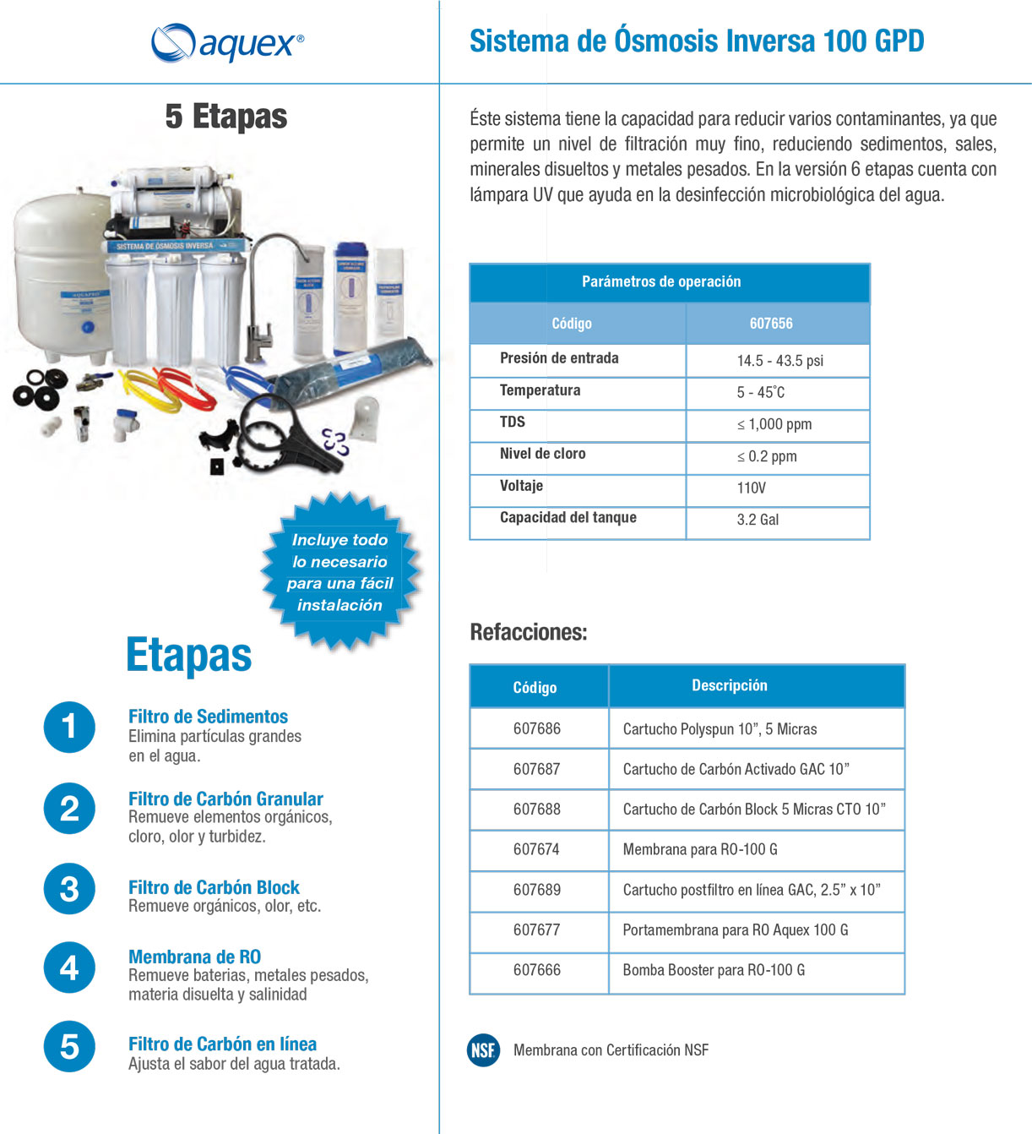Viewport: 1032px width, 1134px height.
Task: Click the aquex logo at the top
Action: coord(226,42)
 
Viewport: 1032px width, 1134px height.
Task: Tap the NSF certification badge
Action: coord(483,1050)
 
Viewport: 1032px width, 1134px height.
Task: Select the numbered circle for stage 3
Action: coord(69,889)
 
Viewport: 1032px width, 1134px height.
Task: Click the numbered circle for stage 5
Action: coord(69,1046)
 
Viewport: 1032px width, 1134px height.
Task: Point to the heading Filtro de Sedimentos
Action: coord(208,717)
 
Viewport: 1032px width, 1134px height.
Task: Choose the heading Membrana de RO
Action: coord(194,957)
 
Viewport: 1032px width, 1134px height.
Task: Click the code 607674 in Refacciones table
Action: coord(536,849)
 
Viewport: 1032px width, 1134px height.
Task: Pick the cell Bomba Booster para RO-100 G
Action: coord(714,970)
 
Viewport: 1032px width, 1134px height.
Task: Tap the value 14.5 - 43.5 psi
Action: coord(779,361)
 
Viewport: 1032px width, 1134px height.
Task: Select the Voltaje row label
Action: coord(521,486)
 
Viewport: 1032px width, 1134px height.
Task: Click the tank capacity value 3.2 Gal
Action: coord(758,520)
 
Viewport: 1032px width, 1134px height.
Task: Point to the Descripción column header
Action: coord(730,685)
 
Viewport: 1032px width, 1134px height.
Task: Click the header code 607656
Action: coord(771,324)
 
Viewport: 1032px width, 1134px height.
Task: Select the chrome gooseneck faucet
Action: coord(270,296)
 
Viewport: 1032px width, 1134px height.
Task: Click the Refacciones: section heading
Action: coord(528,632)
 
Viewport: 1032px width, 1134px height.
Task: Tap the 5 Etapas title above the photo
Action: coord(226,117)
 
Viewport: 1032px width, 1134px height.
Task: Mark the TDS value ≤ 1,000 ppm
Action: coord(774,424)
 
